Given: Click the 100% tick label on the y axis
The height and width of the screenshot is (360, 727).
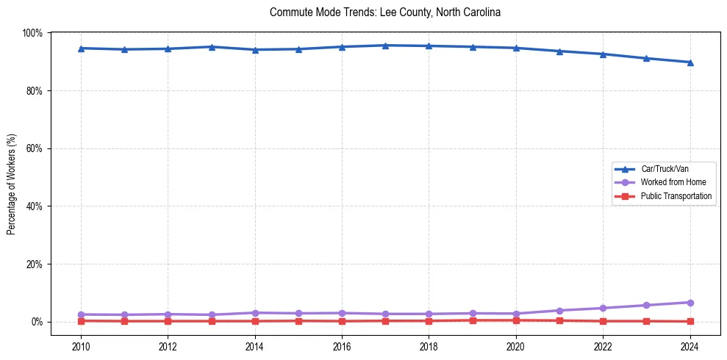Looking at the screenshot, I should pos(32,33).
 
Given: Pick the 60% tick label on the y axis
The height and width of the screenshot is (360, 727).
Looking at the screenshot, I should pos(34,148).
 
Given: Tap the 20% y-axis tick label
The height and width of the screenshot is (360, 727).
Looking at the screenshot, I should pos(34,264).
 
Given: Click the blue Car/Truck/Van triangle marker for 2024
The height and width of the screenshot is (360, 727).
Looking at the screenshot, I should pos(690,62).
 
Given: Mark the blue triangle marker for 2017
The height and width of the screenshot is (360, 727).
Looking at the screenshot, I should pos(385,46).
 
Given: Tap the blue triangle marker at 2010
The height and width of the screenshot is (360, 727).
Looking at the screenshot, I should pos(81,48).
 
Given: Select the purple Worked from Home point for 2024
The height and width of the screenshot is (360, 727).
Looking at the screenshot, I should pos(690,303).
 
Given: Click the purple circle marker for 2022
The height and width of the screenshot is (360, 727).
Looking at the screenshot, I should pos(603,308).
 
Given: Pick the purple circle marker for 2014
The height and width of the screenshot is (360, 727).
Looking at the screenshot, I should pos(255,313).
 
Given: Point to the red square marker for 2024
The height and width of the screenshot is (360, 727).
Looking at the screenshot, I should pos(690,321).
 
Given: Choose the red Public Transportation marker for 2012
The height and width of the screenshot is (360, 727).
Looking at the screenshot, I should pos(168,321).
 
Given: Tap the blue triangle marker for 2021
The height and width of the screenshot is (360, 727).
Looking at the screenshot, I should pos(559,51).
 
